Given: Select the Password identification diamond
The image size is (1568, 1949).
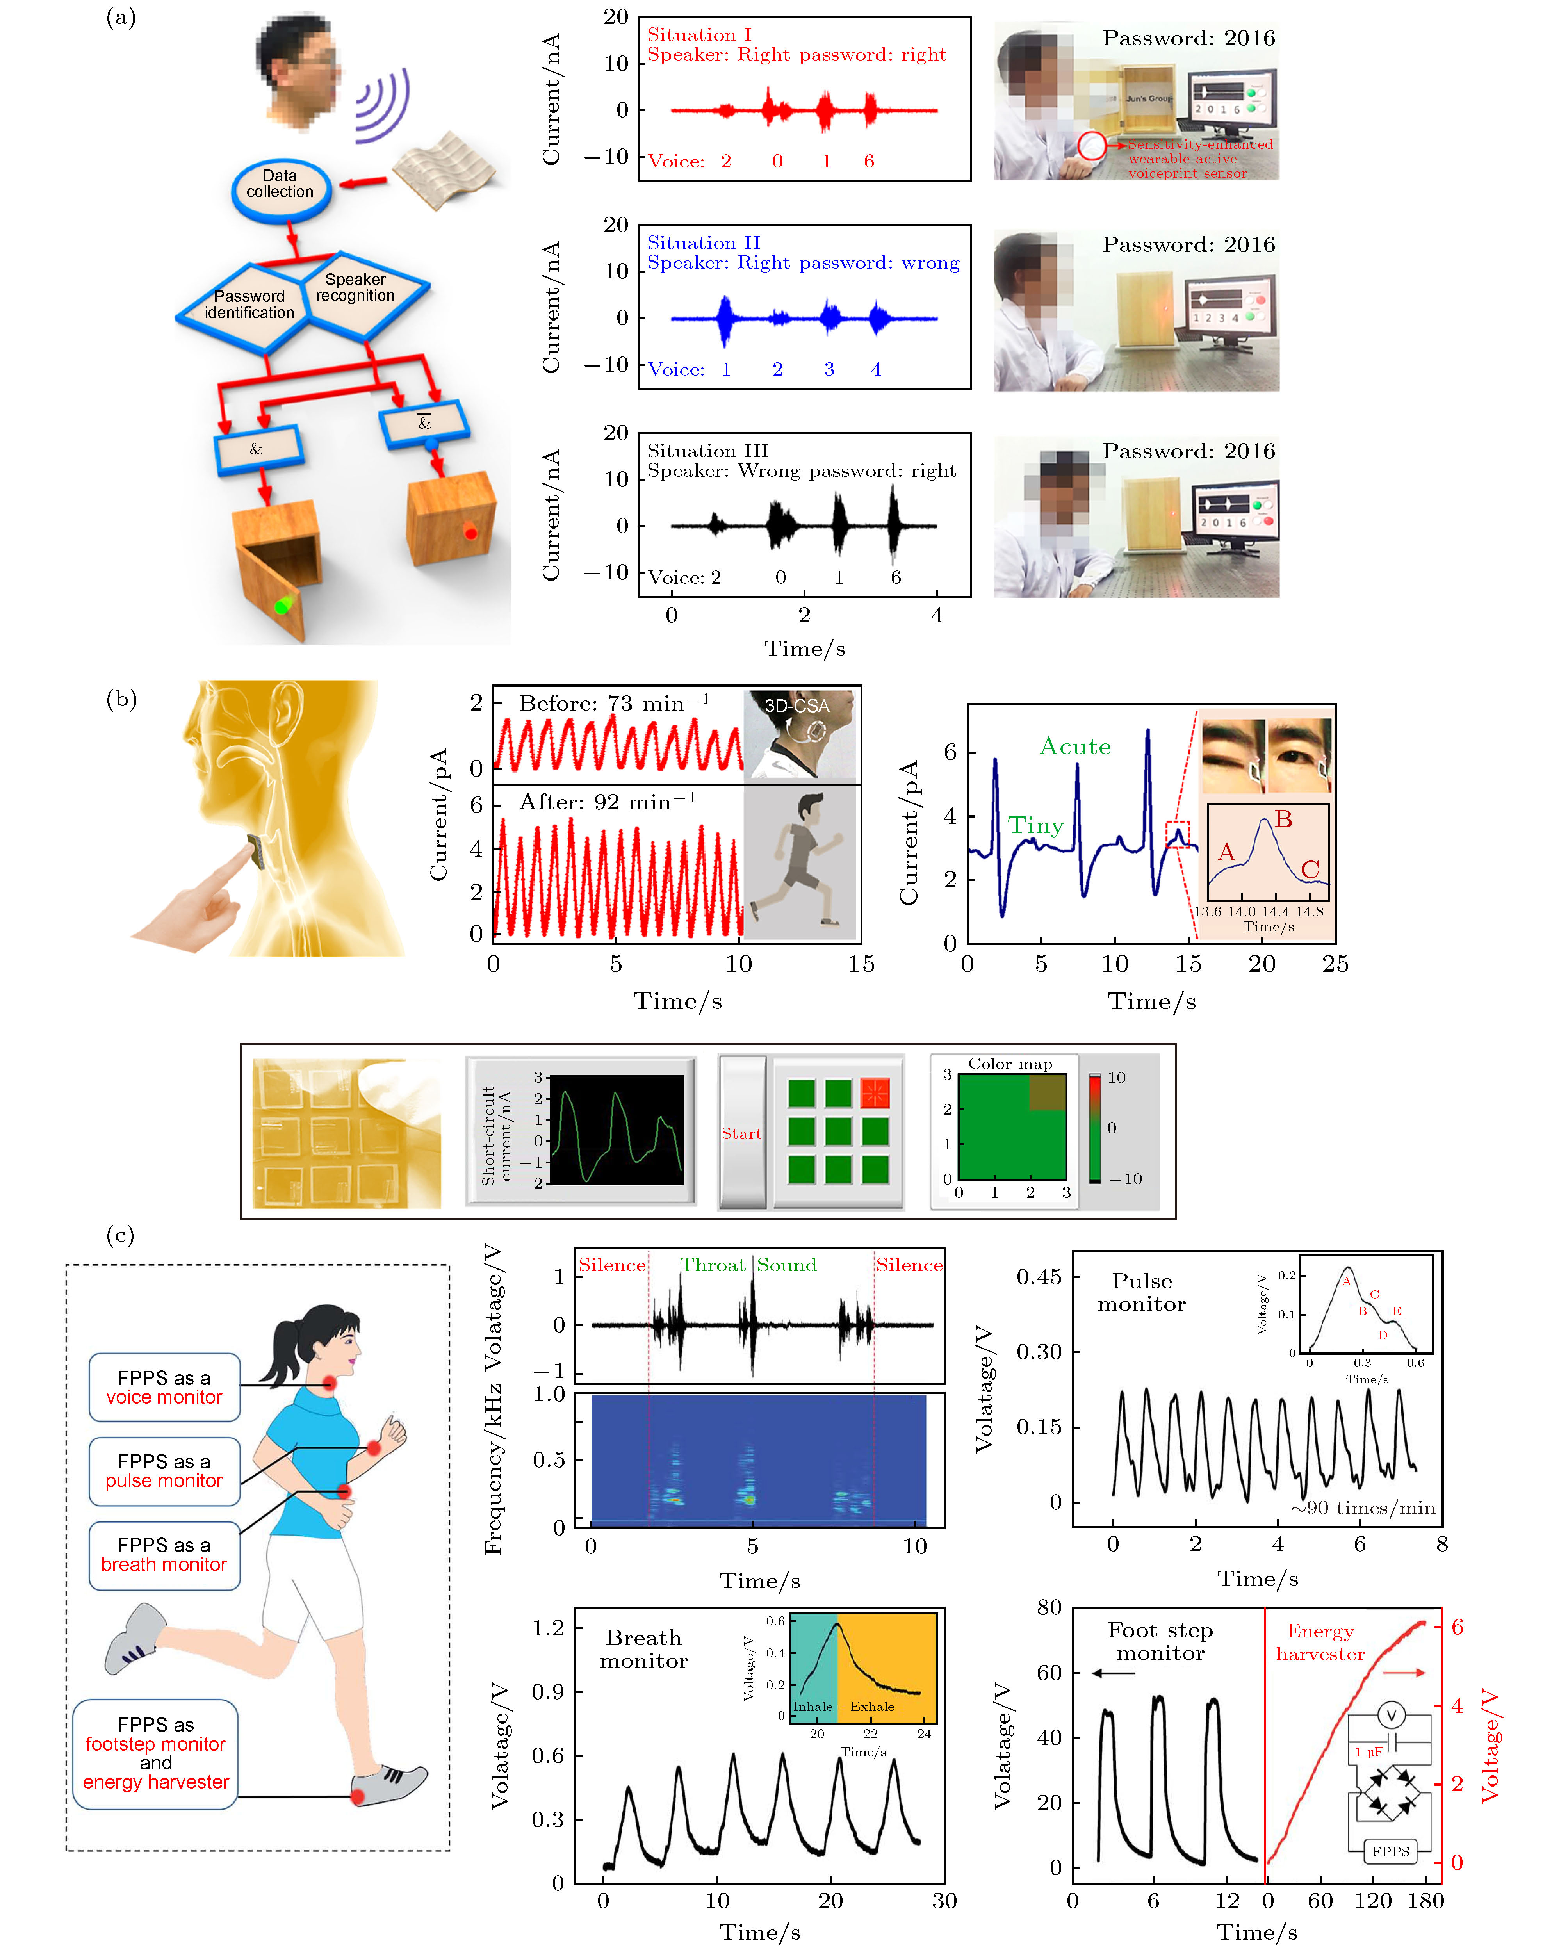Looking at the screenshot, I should click(x=249, y=305).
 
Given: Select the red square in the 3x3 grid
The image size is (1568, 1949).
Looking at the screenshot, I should click(x=875, y=1093).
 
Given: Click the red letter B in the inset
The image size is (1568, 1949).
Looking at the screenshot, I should click(x=1283, y=819).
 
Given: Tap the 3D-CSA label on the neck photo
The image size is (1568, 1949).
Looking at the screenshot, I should click(x=796, y=706).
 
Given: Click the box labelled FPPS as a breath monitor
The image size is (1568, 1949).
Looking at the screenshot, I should click(x=164, y=1555).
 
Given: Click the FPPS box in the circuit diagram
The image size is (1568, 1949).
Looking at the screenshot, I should click(x=1390, y=1851).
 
